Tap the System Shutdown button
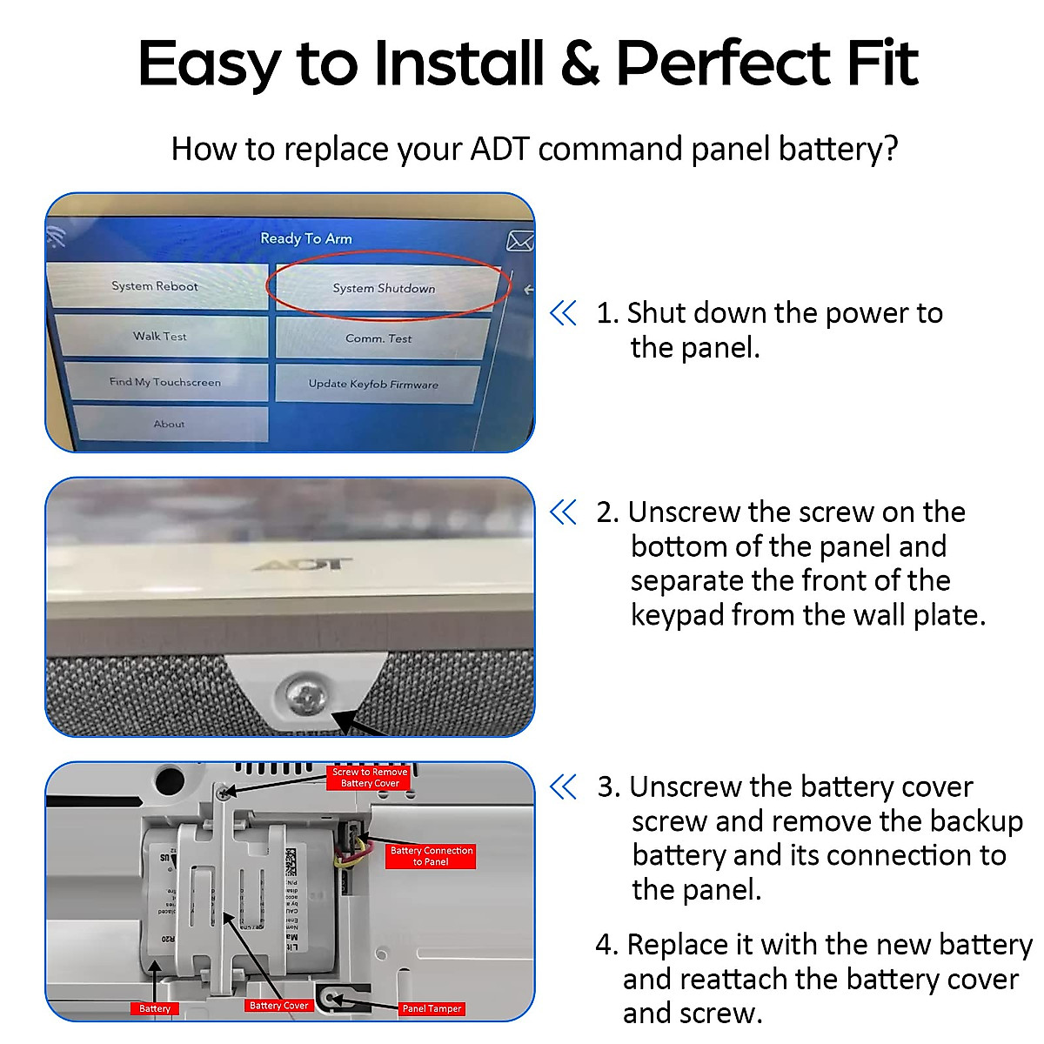tap(385, 288)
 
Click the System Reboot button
tap(156, 286)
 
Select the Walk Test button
tap(160, 337)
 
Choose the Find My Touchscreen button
tap(165, 382)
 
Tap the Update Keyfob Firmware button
tap(374, 384)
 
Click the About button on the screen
tap(170, 425)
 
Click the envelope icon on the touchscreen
tap(519, 241)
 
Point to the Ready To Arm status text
tap(306, 238)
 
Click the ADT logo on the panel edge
tap(304, 565)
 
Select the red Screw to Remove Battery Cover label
tap(370, 778)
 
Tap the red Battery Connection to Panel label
tap(431, 856)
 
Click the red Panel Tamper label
tap(432, 1008)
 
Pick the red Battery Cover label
tap(278, 1006)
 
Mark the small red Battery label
tap(155, 1008)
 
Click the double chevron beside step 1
tap(564, 313)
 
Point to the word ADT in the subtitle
tap(499, 149)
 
